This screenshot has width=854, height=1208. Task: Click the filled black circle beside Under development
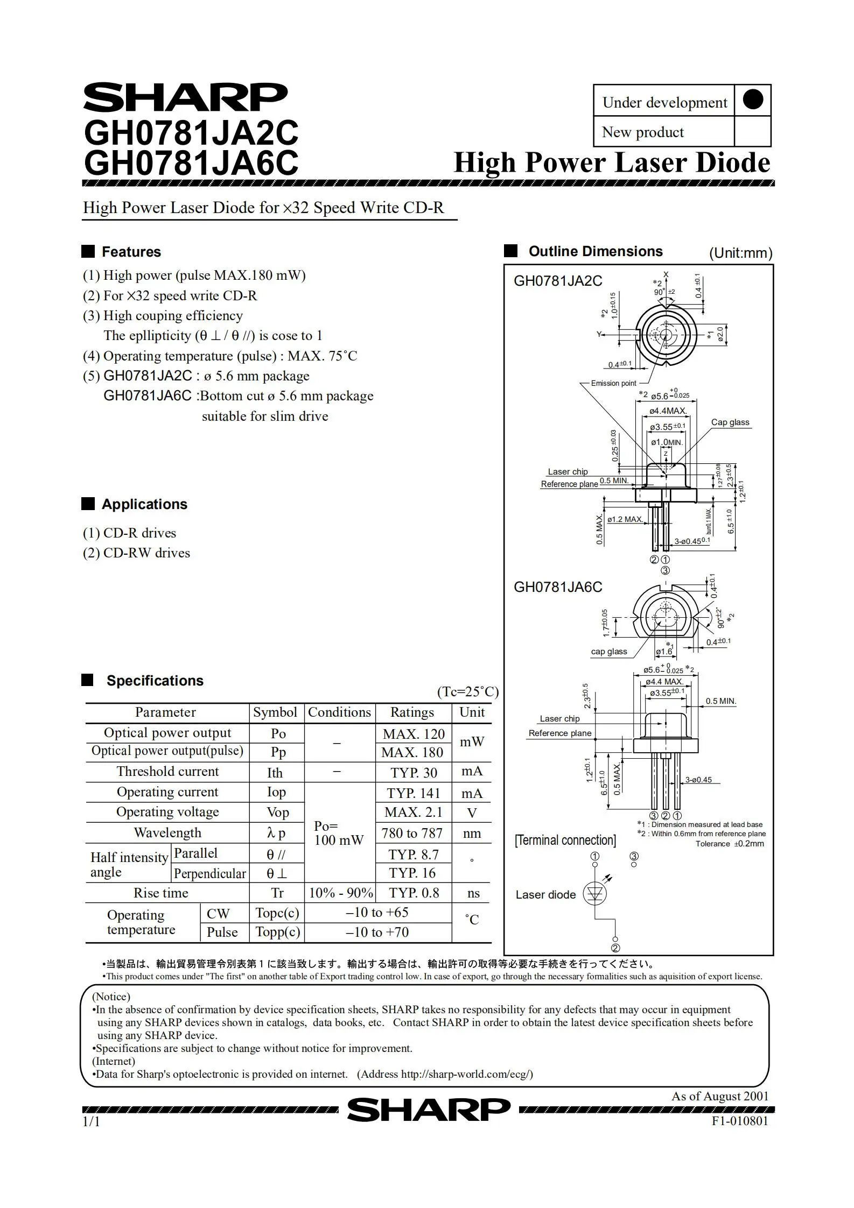tap(752, 100)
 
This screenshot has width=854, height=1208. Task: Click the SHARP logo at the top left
tap(185, 97)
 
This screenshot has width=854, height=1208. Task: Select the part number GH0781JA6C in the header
tap(191, 163)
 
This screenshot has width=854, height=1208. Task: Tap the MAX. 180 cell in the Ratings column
tap(412, 752)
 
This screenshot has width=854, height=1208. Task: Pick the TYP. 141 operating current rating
tap(413, 793)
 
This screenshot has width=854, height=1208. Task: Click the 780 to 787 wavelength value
tap(412, 833)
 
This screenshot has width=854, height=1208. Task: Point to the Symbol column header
tap(275, 712)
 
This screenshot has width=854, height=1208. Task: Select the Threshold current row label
tap(167, 772)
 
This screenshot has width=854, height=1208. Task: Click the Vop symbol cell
tap(277, 812)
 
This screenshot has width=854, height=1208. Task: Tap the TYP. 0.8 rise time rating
tap(414, 893)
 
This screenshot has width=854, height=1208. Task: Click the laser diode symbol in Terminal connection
tap(595, 894)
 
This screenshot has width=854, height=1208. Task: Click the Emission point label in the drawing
tap(613, 383)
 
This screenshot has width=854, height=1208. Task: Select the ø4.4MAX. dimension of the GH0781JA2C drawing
tap(668, 411)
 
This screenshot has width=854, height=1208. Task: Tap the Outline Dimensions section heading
tap(595, 251)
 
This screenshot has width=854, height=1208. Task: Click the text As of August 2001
tap(719, 1096)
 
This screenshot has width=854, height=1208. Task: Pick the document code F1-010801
tap(739, 1121)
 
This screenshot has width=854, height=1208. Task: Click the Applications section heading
tap(144, 504)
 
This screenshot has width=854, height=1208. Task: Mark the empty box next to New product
tap(752, 132)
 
